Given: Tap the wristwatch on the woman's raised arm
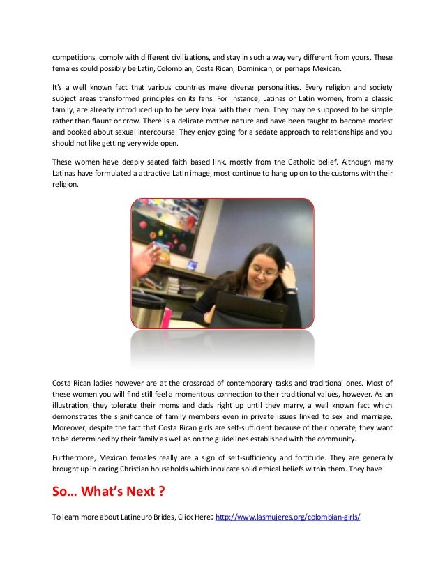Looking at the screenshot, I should [290, 288].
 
